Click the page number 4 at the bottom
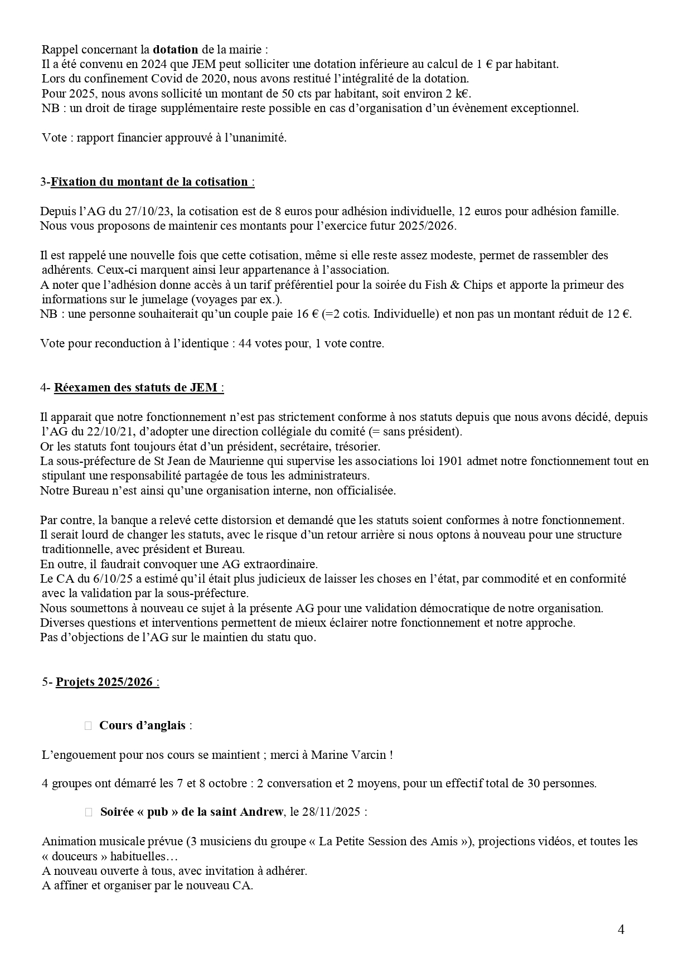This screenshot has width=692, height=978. pos(621,929)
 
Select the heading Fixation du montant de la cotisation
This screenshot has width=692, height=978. pos(149,182)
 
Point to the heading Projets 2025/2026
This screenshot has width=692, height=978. pos(104,682)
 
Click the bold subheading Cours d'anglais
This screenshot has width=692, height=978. pos(142,725)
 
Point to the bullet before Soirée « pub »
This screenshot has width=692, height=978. pos(89,812)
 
